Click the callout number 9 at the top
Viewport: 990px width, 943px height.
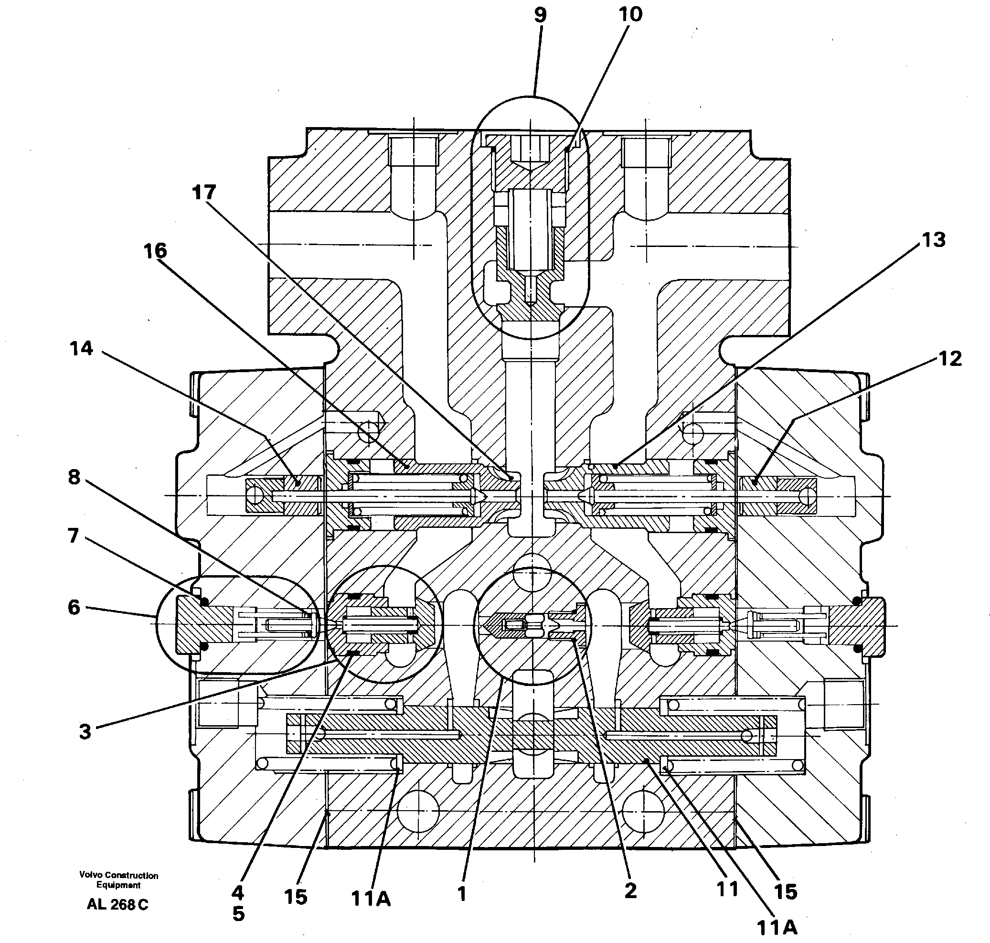pos(540,16)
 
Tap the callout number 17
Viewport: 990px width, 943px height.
pos(204,193)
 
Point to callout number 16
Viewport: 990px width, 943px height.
pos(155,251)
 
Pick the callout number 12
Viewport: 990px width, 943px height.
pos(950,359)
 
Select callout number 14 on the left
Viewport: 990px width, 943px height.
pos(81,348)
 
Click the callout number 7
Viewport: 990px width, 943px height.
pos(74,536)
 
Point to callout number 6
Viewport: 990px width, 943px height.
pos(74,608)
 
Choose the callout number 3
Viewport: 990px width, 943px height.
pos(85,732)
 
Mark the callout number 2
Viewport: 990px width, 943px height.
pos(631,891)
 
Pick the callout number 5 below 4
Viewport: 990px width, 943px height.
pos(239,914)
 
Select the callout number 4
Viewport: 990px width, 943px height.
pos(238,893)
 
